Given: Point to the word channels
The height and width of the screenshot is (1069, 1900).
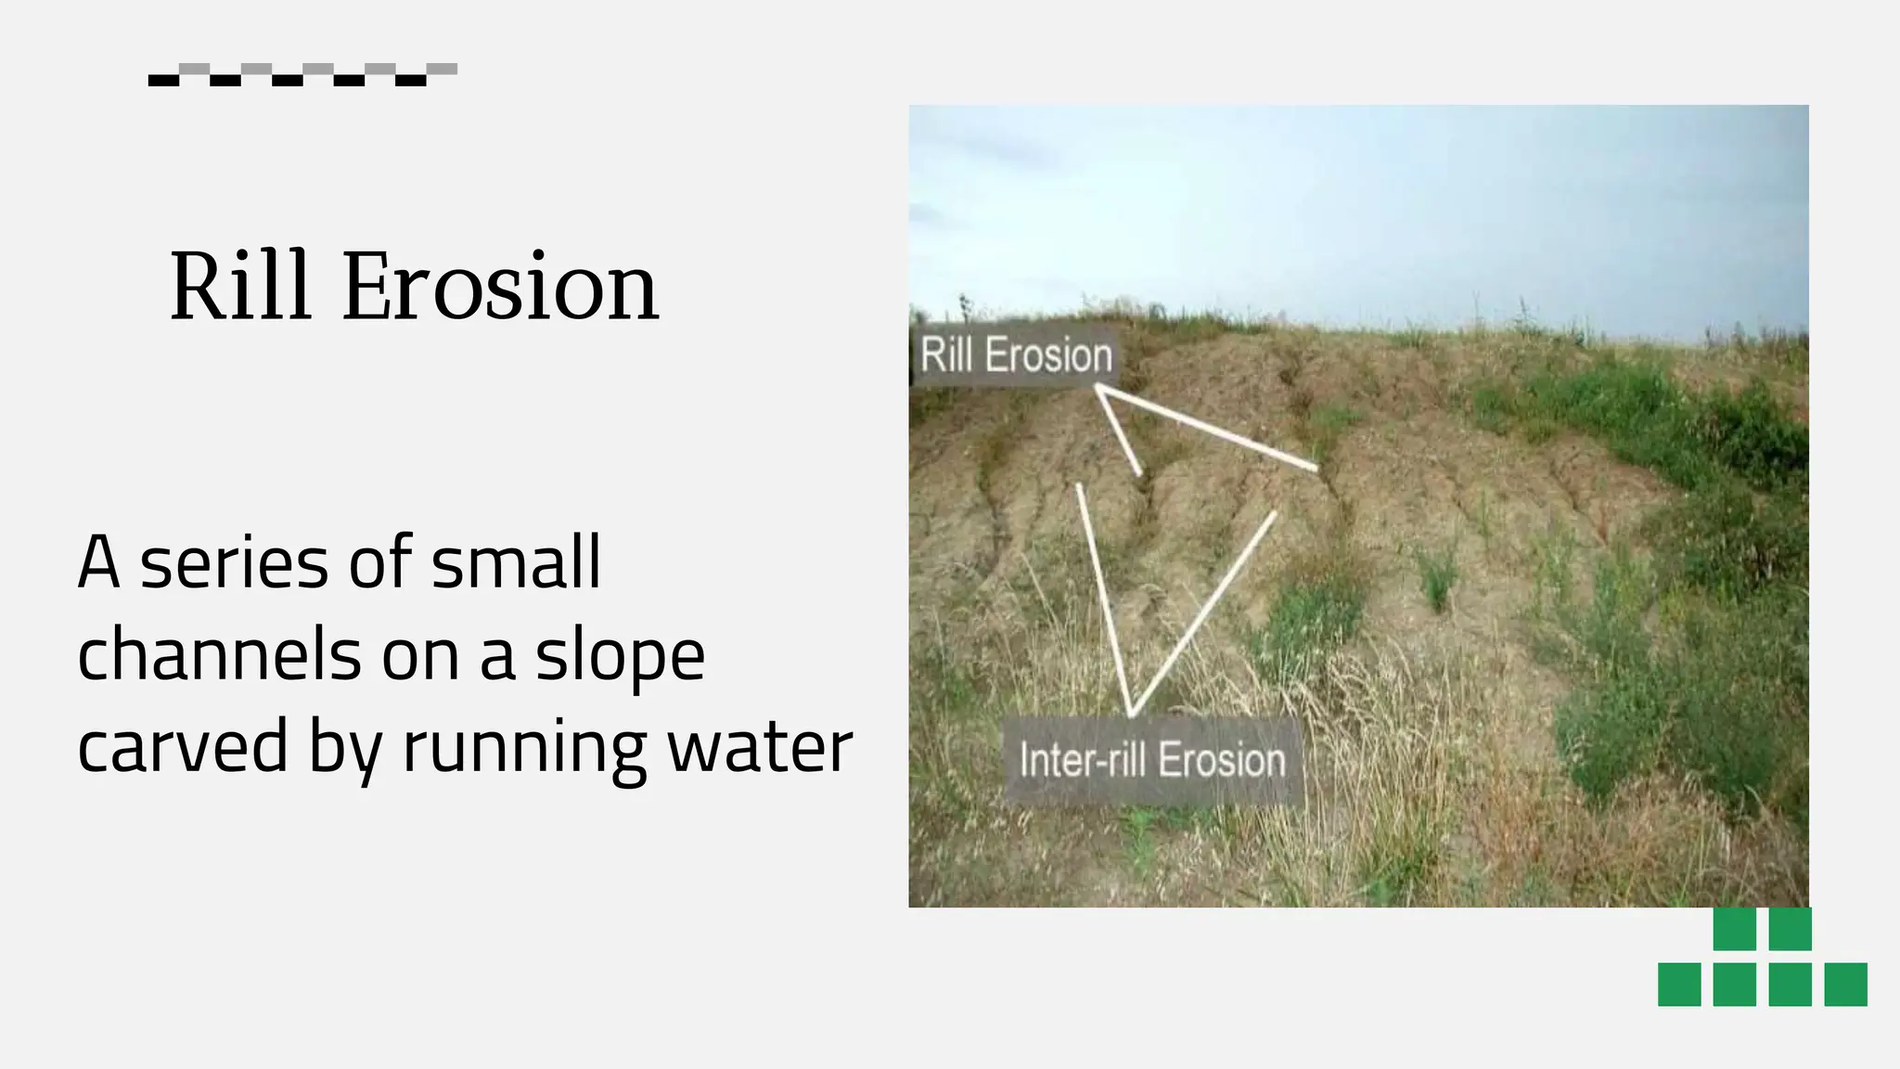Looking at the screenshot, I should (219, 654).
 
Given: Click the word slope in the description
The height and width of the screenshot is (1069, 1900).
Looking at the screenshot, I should (620, 656).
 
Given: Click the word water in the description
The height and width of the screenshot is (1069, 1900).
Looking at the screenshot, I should (760, 747).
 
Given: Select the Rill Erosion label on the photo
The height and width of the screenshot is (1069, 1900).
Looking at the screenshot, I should (1016, 355).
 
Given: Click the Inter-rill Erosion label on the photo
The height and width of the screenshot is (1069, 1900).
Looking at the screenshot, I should (1152, 760).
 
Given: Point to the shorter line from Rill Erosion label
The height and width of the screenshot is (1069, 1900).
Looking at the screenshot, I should (1120, 433).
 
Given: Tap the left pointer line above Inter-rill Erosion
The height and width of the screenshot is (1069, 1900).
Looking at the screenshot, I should (1104, 599).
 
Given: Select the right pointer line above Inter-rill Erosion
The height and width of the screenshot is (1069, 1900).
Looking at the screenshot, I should (1203, 612).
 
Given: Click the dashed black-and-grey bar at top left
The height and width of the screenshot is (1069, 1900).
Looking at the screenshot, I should (302, 74).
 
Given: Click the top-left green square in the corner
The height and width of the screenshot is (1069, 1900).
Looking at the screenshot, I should (1734, 928).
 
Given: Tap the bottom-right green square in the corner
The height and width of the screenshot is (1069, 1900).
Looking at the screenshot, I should (1845, 984).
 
